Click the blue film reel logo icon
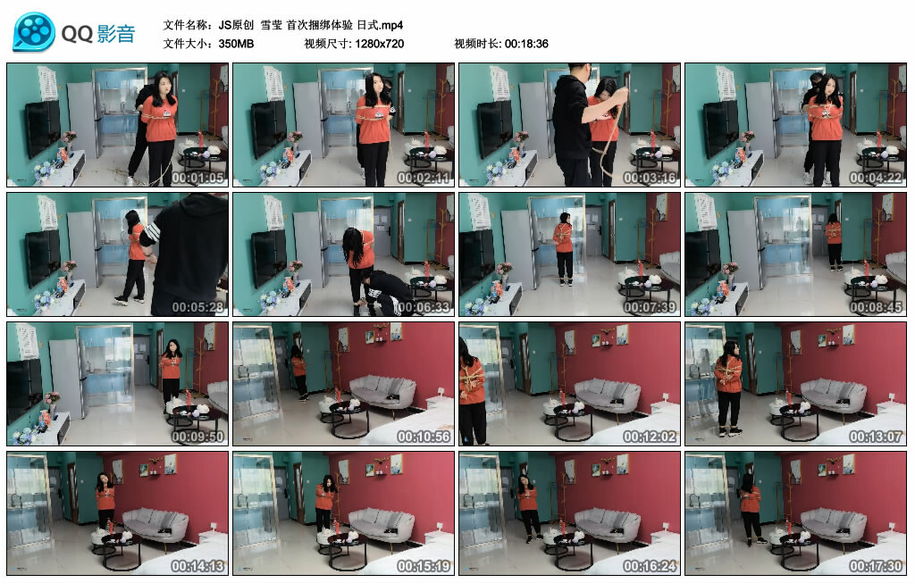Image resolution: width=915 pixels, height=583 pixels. [x=34, y=32]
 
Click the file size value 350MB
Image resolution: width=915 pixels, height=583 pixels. [x=236, y=44]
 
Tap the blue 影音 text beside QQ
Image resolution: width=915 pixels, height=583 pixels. [x=116, y=34]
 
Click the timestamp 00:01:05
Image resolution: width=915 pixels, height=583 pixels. [x=197, y=178]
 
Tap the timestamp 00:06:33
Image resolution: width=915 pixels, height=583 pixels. [x=424, y=306]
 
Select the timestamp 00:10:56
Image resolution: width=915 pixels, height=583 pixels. [x=424, y=436]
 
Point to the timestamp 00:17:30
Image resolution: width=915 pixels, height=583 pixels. [x=876, y=565]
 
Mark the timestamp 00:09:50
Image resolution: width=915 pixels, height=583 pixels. [x=197, y=436]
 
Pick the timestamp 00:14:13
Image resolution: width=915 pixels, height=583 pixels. [x=197, y=565]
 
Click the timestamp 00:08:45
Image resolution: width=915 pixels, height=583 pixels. [x=876, y=306]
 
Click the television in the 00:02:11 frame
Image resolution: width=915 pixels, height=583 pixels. [x=269, y=129]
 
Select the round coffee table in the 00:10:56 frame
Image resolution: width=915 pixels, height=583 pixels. [x=344, y=418]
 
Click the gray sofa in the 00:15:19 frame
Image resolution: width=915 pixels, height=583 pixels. [x=382, y=525]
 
